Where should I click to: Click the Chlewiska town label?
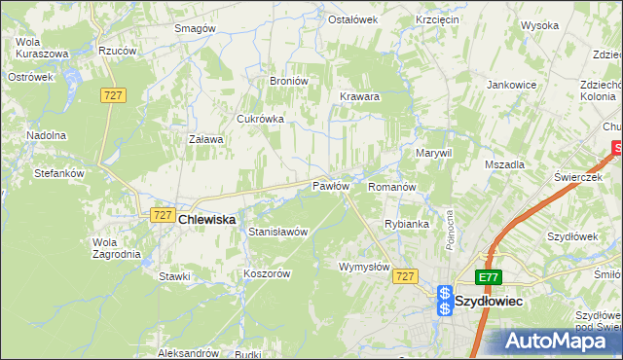[207, 221]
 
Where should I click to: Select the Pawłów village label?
[330, 186]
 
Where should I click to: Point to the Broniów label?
[288, 81]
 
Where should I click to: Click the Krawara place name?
[359, 97]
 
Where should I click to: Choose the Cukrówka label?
[260, 119]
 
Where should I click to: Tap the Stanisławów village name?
[278, 233]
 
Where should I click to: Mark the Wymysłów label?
[364, 267]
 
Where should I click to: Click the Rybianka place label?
[406, 224]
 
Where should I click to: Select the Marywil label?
[434, 154]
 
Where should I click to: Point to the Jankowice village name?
[512, 85]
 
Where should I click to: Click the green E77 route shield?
[490, 277]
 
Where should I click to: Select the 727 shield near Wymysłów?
[407, 277]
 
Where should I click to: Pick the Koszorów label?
[268, 274]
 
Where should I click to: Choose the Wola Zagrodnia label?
[116, 248]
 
